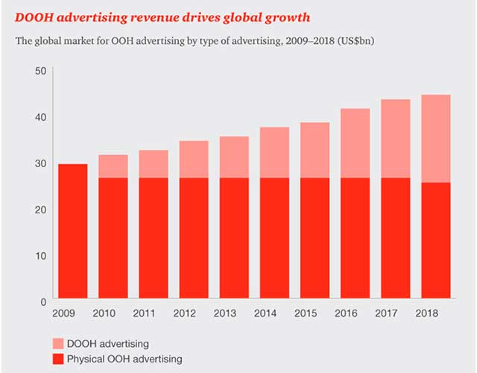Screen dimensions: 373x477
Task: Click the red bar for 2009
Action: pos(73,232)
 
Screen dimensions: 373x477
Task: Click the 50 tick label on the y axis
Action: pos(41,71)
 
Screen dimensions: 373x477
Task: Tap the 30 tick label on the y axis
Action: pos(41,163)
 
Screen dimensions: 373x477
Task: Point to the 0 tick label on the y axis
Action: pos(44,301)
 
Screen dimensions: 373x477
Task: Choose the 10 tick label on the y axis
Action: pos(41,255)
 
